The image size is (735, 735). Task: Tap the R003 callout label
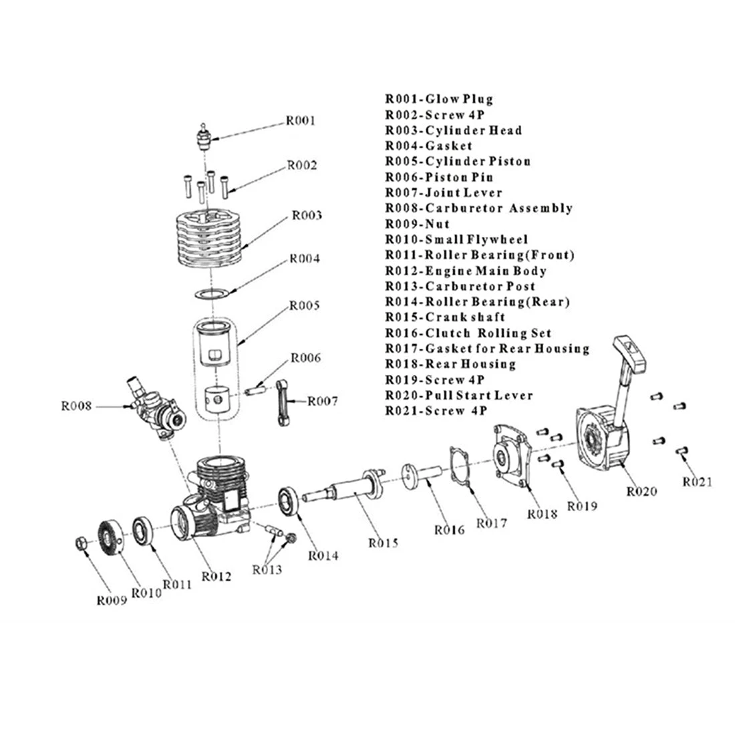pyautogui.click(x=306, y=215)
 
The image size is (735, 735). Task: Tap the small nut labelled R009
pyautogui.click(x=80, y=543)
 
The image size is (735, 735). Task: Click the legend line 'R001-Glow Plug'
pyautogui.click(x=438, y=100)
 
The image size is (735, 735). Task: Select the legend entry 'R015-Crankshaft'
pyautogui.click(x=445, y=317)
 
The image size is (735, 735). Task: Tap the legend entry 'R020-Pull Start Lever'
pyautogui.click(x=459, y=395)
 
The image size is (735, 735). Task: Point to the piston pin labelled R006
pyautogui.click(x=257, y=386)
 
